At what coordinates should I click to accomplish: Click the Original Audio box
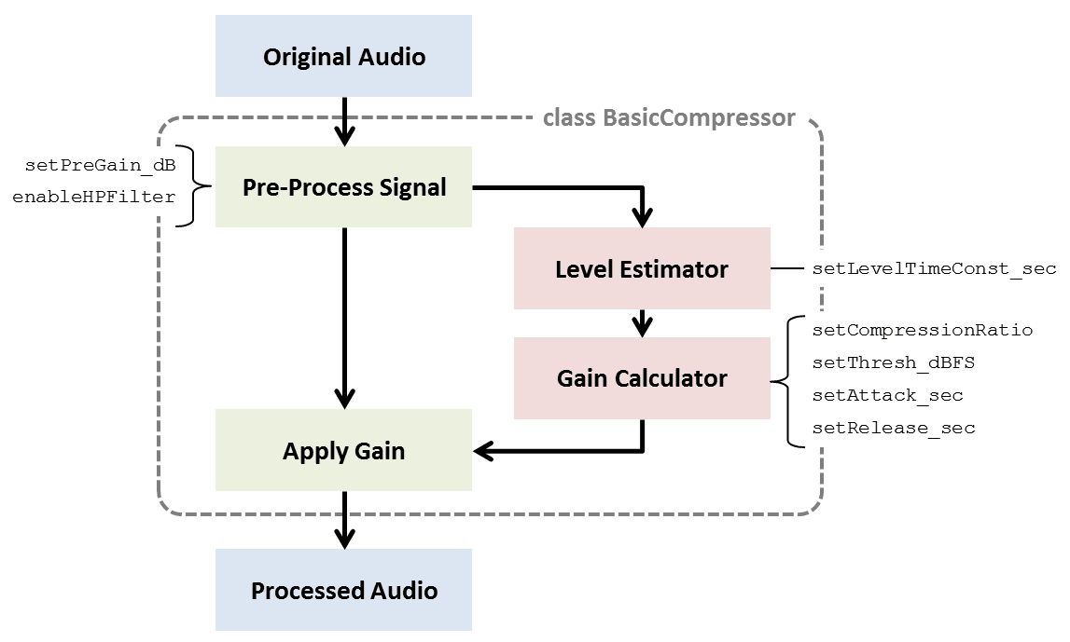pos(343,57)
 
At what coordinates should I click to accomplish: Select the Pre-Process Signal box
pos(343,186)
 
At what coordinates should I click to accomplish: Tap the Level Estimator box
pos(642,268)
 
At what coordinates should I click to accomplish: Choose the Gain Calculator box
pos(642,378)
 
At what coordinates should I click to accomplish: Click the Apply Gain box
pos(343,451)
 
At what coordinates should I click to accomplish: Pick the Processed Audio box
pos(343,590)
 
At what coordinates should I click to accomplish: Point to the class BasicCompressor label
pos(669,118)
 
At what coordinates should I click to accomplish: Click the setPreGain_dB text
pos(101,166)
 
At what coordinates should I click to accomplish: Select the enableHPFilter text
pos(93,198)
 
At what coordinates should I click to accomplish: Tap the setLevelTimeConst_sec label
pos(934,268)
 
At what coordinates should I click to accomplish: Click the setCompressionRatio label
pos(922,330)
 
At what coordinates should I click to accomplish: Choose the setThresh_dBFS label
pos(894,362)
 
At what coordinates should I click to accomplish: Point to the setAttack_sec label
pos(887,395)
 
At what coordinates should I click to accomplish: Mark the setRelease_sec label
pos(893,428)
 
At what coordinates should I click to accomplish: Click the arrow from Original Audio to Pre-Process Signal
pos(344,121)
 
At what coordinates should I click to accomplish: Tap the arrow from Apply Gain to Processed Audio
pos(344,519)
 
